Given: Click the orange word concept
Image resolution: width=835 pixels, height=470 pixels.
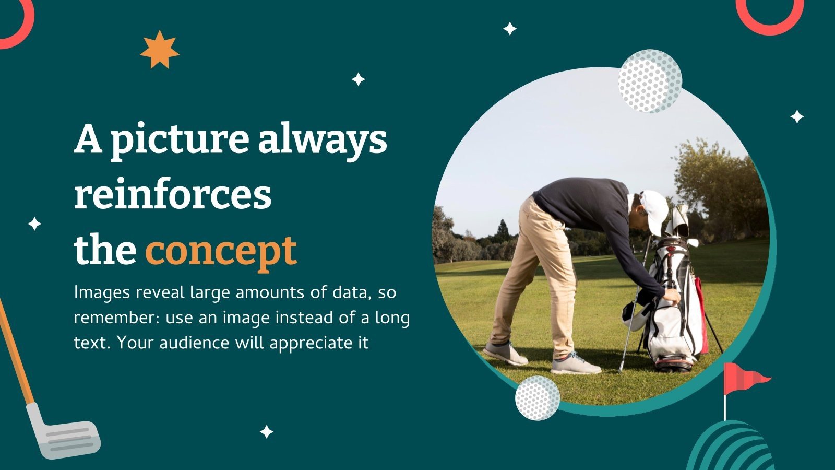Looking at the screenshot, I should coord(221,251).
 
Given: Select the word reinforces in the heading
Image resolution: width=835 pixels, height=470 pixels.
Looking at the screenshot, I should coord(173,195).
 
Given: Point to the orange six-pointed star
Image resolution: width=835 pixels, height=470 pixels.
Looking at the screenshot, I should coord(159,50).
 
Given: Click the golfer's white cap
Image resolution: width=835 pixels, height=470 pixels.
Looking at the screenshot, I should coord(653,209).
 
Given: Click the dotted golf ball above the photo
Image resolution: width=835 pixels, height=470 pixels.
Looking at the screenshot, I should coord(650,81).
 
